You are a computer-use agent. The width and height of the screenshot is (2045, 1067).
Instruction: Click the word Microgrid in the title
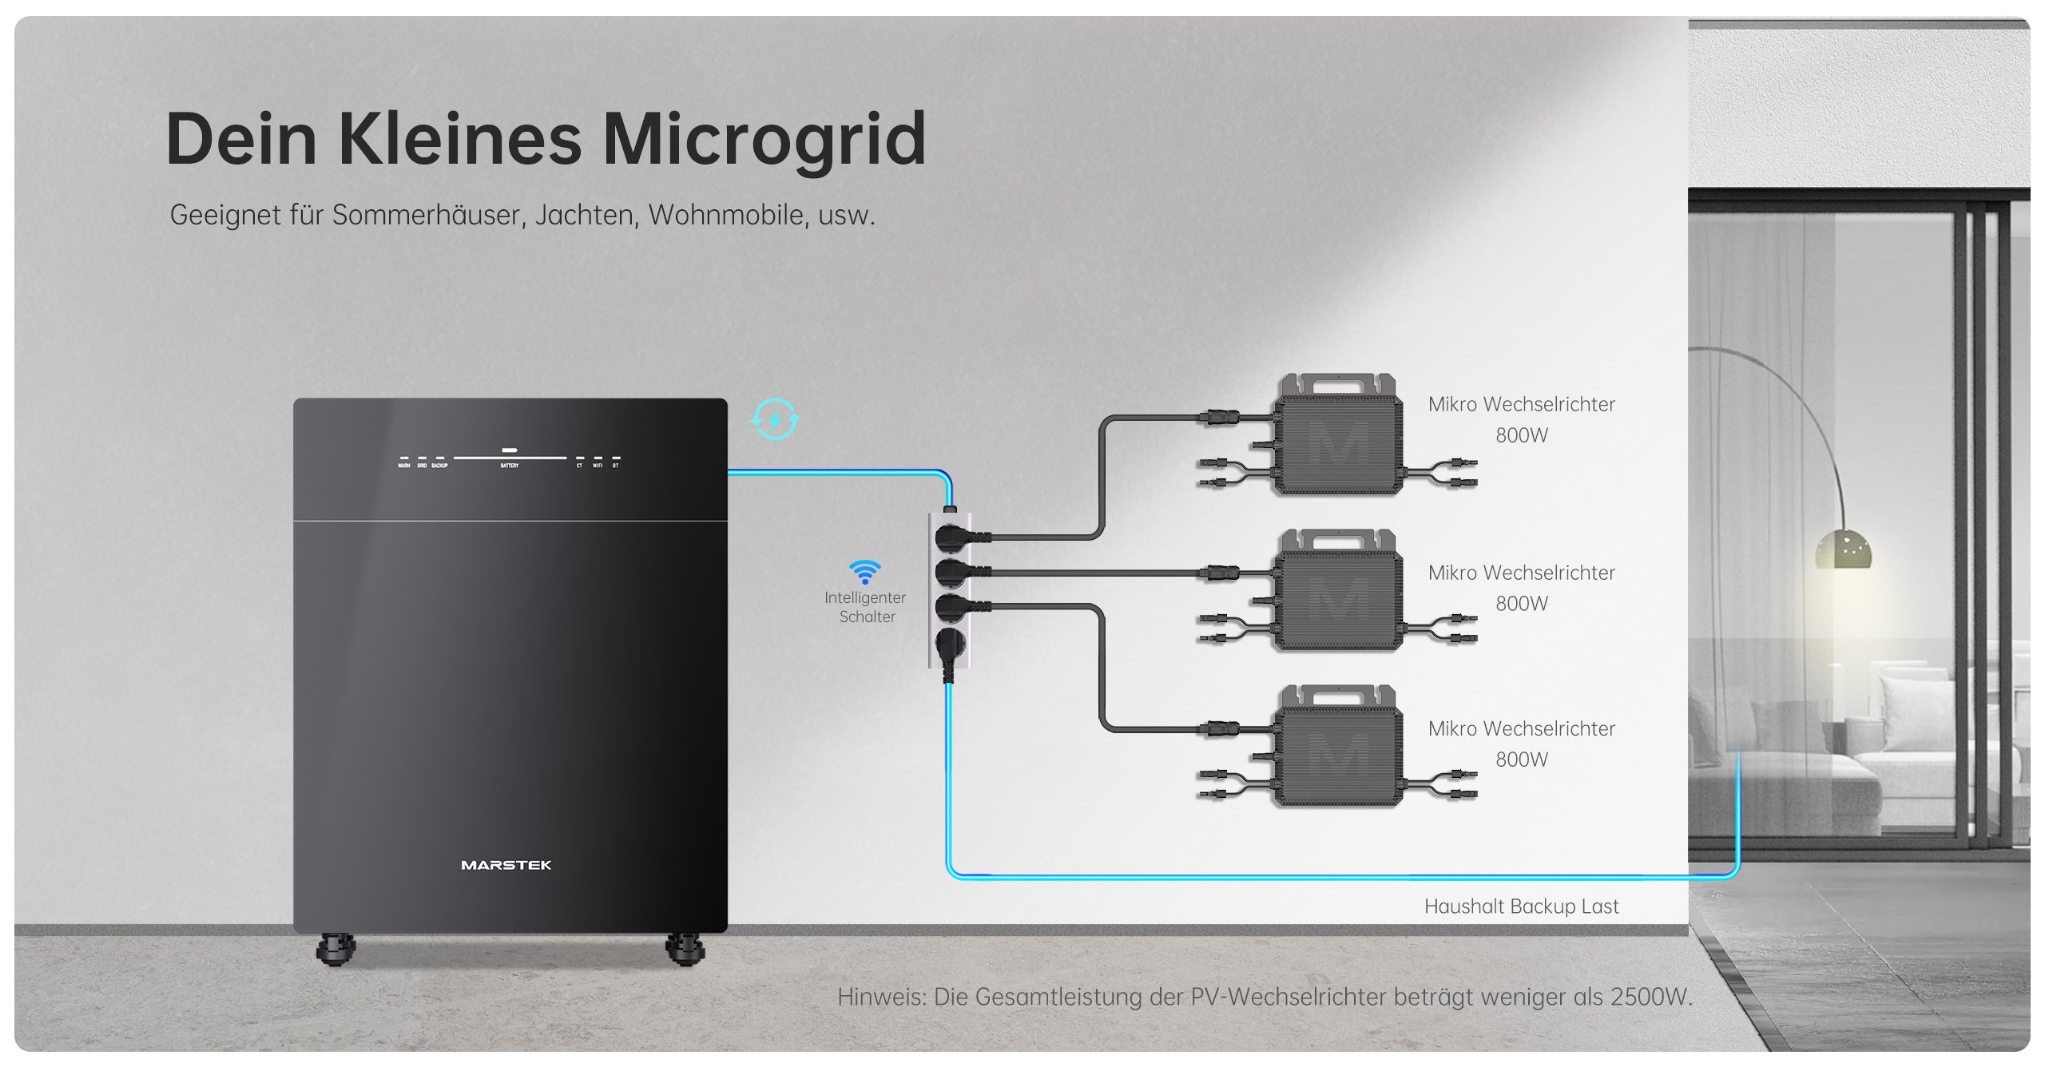tap(764, 140)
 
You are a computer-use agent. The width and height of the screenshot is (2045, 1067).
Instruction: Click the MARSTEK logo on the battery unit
tap(506, 865)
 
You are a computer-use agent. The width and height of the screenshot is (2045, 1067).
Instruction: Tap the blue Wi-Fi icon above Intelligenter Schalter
tap(864, 572)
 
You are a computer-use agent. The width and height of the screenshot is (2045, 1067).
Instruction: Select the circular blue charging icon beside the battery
tap(775, 419)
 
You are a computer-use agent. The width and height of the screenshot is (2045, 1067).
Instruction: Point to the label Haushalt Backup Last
tap(1521, 906)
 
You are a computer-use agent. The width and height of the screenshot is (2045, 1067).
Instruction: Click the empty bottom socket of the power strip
tap(950, 643)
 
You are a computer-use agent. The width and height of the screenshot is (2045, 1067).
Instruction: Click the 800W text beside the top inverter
tap(1522, 435)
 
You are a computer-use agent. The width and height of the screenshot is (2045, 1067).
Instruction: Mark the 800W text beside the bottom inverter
tap(1522, 760)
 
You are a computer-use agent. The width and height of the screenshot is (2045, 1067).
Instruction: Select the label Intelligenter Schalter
tap(866, 607)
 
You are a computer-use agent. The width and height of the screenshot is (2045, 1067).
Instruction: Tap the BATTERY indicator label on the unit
tap(510, 466)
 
